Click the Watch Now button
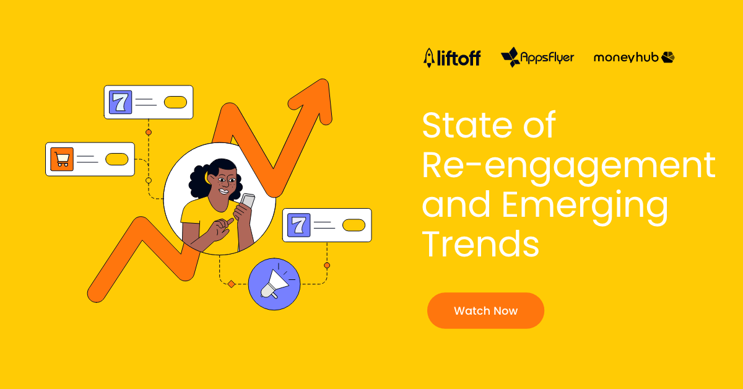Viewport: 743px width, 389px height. (x=485, y=311)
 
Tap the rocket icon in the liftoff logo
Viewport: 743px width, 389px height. (x=429, y=58)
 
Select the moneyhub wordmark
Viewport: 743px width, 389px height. (x=626, y=58)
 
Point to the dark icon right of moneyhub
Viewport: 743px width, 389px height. (x=667, y=57)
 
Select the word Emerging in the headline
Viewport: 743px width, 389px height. (x=584, y=208)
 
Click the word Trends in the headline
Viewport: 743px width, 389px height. (x=480, y=244)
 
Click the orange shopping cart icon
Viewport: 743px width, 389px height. (x=62, y=159)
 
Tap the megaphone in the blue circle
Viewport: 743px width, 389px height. (x=274, y=284)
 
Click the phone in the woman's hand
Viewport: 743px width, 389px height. (x=247, y=201)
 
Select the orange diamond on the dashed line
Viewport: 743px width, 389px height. (x=232, y=284)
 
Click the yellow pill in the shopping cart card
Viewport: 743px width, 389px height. (x=117, y=159)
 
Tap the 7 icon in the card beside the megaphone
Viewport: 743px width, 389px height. (x=299, y=225)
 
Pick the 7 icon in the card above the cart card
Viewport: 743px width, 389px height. (x=120, y=102)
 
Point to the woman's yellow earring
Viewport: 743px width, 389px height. (x=207, y=178)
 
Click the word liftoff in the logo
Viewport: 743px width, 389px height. (x=459, y=58)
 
